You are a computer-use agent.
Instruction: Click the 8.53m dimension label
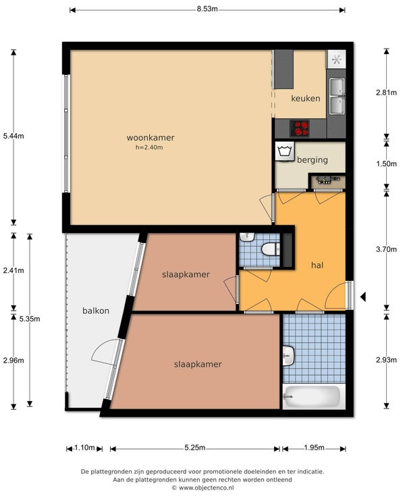tap(207, 9)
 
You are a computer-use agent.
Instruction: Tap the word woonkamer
tap(151, 138)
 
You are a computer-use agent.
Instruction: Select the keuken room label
tap(306, 99)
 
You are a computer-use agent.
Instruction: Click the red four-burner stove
tap(300, 128)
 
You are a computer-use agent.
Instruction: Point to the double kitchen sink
tap(337, 96)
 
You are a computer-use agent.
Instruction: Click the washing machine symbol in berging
tap(285, 151)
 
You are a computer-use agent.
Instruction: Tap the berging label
tap(312, 160)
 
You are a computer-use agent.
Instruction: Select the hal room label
tap(317, 265)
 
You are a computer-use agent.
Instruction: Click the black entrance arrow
tap(363, 297)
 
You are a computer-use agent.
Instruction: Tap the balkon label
tap(96, 311)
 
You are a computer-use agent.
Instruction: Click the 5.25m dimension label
tap(195, 448)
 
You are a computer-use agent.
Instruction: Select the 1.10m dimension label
tap(84, 448)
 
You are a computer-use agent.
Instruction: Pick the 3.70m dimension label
tap(386, 249)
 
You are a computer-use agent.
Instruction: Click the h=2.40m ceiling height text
tap(149, 147)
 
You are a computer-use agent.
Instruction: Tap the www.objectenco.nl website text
tap(207, 488)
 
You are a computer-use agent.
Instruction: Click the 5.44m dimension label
tap(13, 136)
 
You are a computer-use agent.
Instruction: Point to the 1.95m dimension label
tap(314, 448)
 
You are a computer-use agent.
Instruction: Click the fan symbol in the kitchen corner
tap(336, 59)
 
